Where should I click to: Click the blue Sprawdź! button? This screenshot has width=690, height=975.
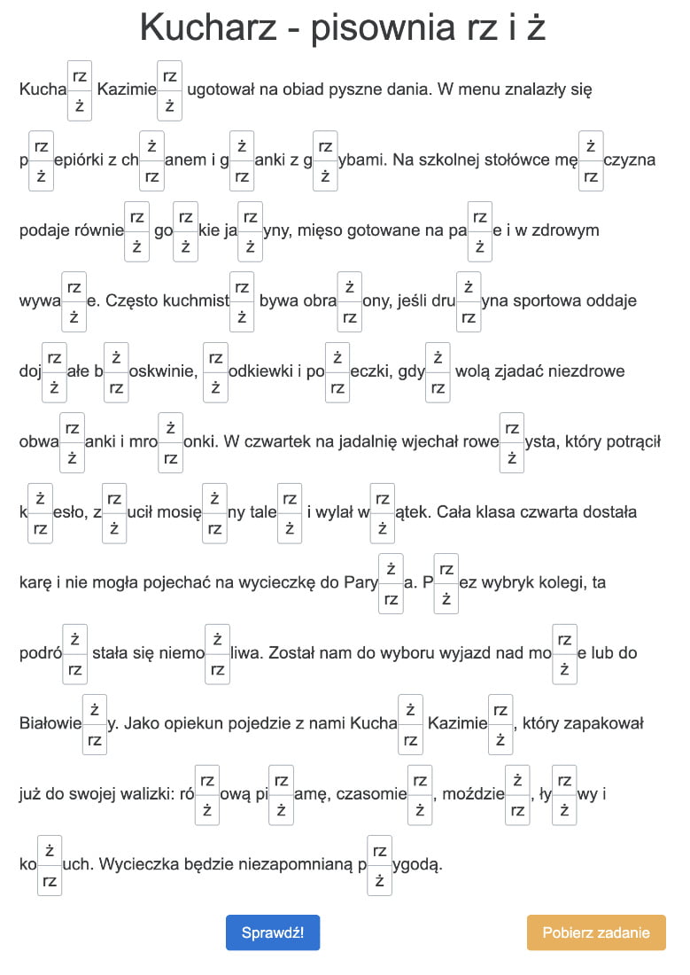[x=273, y=932]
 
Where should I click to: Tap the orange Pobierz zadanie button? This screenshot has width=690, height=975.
[x=596, y=932]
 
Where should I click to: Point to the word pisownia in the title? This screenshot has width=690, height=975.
[x=372, y=29]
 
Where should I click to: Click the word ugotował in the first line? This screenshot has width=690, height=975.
[x=221, y=90]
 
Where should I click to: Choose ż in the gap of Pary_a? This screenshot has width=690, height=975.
[x=391, y=568]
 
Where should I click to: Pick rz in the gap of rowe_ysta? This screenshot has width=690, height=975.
[x=512, y=427]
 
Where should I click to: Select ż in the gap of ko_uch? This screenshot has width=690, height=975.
[x=50, y=849]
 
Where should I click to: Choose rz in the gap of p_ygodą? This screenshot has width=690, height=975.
[x=379, y=850]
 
